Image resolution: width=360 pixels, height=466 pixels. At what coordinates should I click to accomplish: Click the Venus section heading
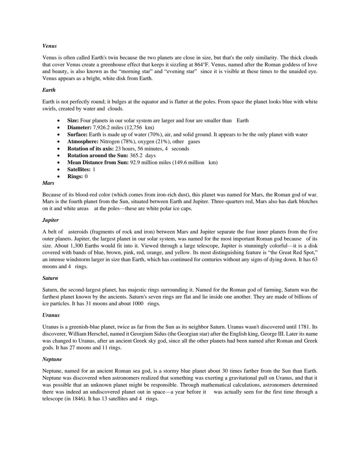pos(49,46)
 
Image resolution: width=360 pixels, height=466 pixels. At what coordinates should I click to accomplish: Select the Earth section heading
pos(49,90)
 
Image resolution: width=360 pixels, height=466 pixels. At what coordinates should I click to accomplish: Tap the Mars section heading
pos(48,183)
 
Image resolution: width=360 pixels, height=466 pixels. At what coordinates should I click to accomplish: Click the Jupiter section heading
pos(50,220)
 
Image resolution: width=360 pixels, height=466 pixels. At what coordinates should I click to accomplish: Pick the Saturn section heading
pos(50,278)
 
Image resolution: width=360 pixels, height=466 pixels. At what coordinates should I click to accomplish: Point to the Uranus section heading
pos(51,315)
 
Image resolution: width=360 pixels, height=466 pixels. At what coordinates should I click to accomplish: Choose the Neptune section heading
pos(52,359)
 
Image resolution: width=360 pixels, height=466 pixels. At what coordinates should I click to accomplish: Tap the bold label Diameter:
pos(79,127)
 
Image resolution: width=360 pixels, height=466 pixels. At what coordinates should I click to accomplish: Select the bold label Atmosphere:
pos(83,141)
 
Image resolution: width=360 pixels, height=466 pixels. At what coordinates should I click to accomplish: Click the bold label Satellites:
pos(79,169)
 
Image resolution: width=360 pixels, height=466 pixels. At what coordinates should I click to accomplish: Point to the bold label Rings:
pos(75,176)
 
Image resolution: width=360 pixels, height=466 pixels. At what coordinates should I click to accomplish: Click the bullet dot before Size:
pos(59,121)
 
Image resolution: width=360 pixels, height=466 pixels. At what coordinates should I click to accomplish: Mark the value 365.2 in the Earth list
pos(136,155)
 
